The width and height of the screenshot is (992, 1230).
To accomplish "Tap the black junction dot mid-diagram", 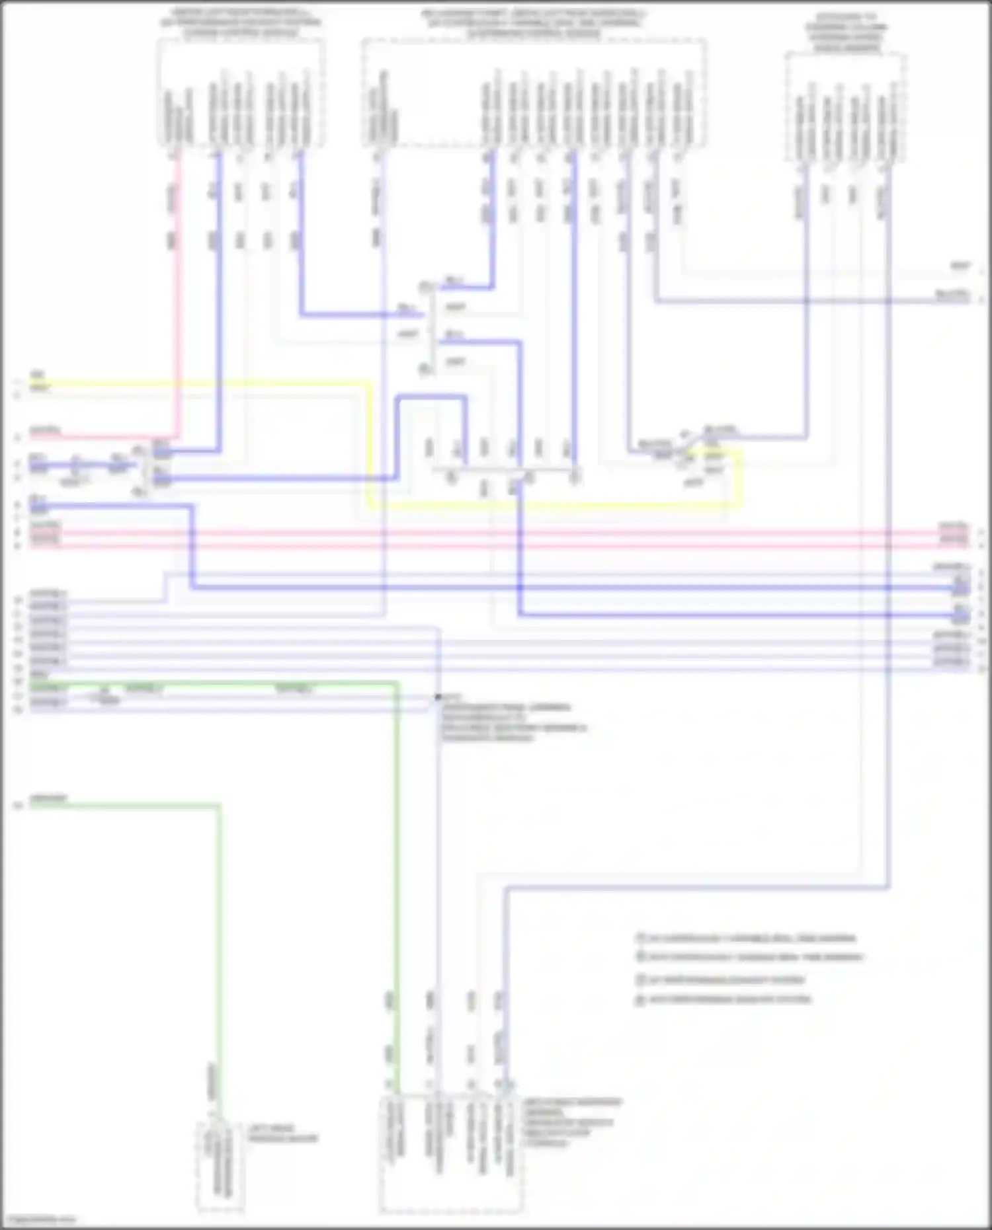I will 438,697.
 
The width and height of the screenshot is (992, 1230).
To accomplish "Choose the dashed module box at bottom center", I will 451,1154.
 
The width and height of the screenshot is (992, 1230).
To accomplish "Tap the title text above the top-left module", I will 241,22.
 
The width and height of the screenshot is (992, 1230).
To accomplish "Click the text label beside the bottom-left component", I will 283,1134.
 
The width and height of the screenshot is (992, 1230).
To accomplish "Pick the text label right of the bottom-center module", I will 573,1122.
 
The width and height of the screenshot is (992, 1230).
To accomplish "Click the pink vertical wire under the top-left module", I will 177,297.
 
